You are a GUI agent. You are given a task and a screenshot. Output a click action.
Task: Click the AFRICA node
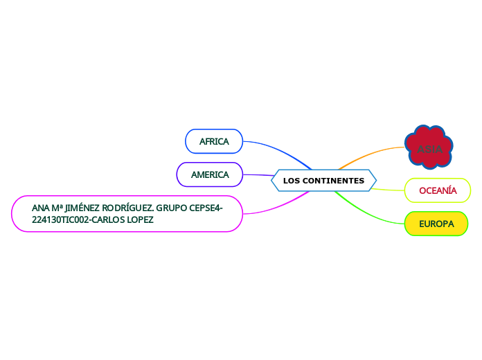click(x=214, y=141)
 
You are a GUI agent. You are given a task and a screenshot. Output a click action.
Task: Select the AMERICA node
click(x=210, y=174)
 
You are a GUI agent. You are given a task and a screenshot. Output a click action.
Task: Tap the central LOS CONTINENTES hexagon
click(x=323, y=181)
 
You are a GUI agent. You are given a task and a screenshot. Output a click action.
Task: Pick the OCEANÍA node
click(x=438, y=190)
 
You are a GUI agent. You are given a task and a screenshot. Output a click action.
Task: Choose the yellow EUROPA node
click(x=436, y=224)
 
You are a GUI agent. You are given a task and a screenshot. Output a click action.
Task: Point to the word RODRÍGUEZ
click(x=127, y=208)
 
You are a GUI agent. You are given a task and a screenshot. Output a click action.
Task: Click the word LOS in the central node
click(x=292, y=181)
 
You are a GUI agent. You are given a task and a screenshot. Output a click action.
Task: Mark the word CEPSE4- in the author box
click(x=206, y=208)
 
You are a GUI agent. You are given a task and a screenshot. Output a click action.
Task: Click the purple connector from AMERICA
click(x=258, y=175)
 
